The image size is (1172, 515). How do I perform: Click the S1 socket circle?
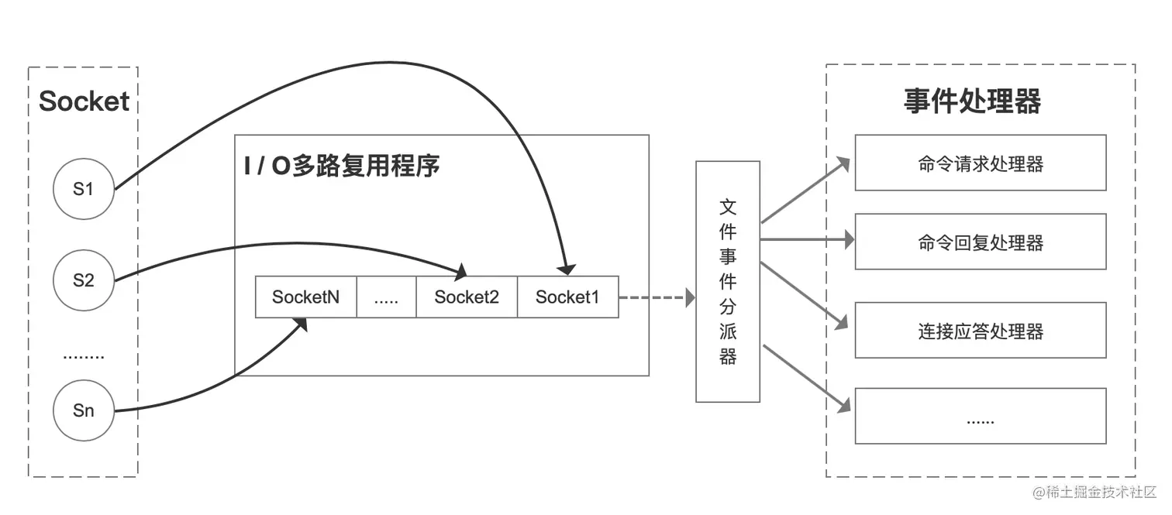84,188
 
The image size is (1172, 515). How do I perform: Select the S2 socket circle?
84,280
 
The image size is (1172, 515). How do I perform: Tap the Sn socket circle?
84,410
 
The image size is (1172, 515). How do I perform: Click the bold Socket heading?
84,101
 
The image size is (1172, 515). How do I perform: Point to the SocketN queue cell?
306,297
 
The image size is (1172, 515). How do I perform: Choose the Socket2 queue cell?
467,297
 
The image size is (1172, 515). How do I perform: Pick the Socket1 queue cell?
567,297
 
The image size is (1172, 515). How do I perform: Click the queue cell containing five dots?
386,297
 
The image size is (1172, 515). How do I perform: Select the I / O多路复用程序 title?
342,166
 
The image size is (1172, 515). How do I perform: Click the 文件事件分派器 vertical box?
728,282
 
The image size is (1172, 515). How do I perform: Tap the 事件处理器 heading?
972,101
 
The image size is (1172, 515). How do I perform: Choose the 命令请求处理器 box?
980,163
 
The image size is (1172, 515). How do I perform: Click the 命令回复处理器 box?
980,242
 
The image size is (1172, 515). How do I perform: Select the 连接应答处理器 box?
980,331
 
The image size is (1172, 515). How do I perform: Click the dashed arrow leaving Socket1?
655,297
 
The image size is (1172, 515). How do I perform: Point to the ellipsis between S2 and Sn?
84,357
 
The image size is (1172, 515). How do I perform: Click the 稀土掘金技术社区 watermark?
1093,493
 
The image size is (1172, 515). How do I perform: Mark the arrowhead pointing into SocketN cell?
301,324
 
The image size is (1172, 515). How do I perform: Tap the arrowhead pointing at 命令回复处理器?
849,241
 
